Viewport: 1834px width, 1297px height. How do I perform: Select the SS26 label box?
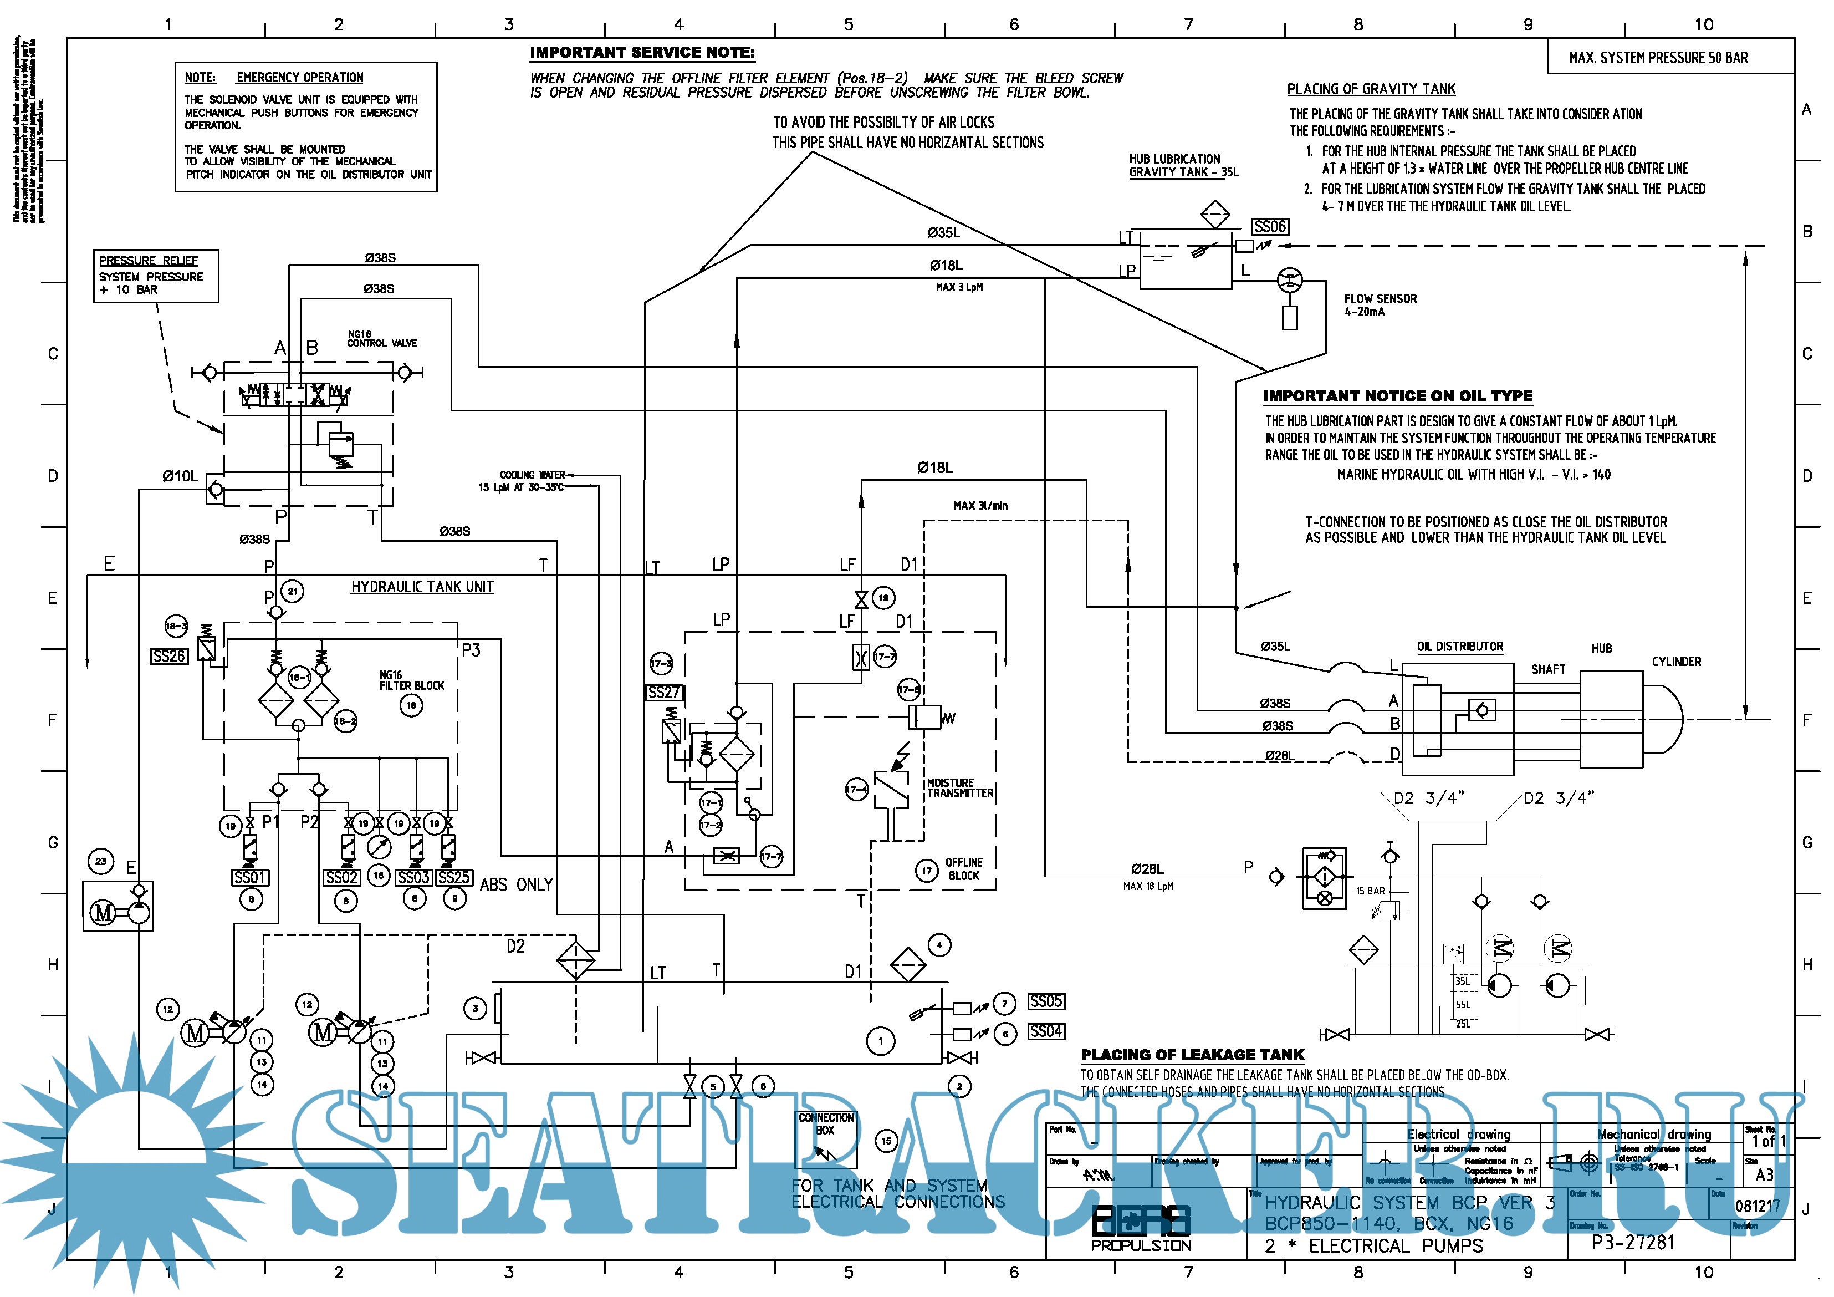coord(170,656)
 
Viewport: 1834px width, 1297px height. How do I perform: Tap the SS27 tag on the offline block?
coord(665,692)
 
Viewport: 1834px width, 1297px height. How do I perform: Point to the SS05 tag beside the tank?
coord(1046,1001)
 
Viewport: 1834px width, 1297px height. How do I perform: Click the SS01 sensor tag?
coord(250,877)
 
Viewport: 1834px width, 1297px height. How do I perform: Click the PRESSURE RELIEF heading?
coord(149,261)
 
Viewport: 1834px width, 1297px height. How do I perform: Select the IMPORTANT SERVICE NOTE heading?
coord(642,53)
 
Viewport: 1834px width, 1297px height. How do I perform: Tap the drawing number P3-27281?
coord(1633,1242)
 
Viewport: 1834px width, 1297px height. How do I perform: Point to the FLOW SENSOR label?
coord(1380,304)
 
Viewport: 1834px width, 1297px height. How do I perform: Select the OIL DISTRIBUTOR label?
coord(1460,647)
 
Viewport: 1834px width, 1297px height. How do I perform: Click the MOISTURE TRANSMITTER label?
coord(959,788)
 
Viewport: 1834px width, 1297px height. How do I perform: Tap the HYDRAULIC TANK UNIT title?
coord(422,587)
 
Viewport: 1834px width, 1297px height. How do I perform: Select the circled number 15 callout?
coord(886,1141)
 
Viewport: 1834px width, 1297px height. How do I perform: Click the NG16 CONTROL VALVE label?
coord(382,339)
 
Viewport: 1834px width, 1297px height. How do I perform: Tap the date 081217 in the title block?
coord(1758,1205)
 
